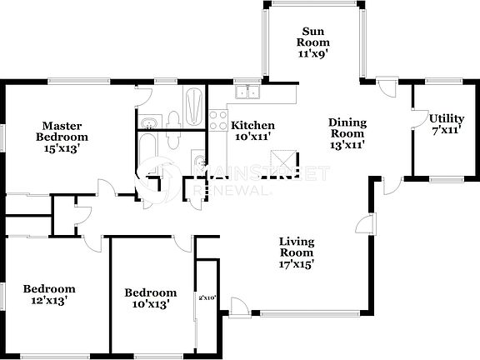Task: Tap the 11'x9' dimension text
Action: [x=314, y=52]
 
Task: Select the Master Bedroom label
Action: [x=62, y=131]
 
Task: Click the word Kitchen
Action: [x=252, y=125]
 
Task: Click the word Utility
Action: [x=446, y=117]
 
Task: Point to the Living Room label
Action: [x=296, y=247]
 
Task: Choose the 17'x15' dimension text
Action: [x=296, y=264]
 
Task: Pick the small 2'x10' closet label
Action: [x=207, y=297]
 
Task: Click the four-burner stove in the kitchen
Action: [x=218, y=120]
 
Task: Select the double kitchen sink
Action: [x=247, y=92]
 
